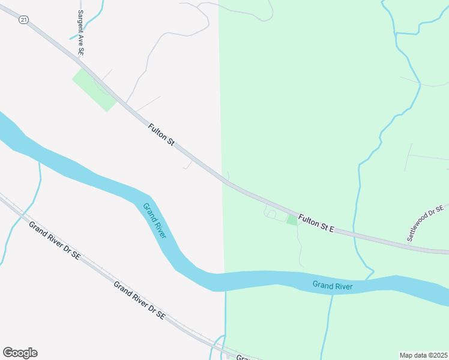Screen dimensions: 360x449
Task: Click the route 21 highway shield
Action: click(x=23, y=20)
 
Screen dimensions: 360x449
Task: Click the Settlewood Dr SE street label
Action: click(x=426, y=223)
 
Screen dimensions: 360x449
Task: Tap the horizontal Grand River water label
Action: click(x=332, y=286)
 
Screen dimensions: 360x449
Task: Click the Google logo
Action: click(x=20, y=353)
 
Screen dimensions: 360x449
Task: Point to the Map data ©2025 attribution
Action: click(x=423, y=355)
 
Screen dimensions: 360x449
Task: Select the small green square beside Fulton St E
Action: click(x=292, y=220)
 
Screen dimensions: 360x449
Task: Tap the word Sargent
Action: click(x=80, y=22)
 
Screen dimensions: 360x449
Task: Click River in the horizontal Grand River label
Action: click(x=343, y=286)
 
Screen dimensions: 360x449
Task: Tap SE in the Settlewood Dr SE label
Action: click(x=439, y=209)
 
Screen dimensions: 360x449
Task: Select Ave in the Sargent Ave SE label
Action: click(x=81, y=42)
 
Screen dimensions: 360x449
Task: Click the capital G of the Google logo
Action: click(x=8, y=353)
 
